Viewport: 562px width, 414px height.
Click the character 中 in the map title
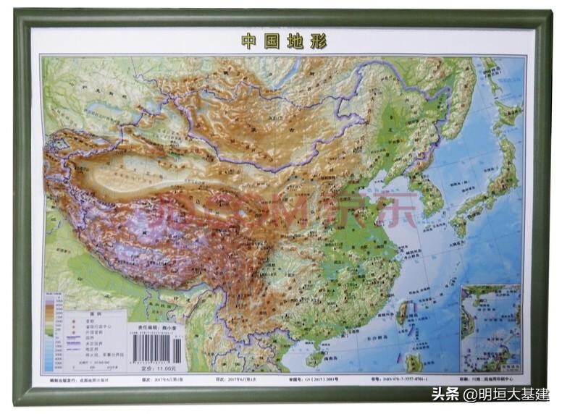tap(248, 41)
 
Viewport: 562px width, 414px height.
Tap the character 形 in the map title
tap(319, 41)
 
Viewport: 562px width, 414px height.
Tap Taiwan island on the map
tap(402, 313)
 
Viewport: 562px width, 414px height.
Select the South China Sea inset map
tap(492, 328)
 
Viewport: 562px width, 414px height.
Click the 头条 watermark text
tap(446, 395)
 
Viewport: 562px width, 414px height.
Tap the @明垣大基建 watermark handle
tap(506, 395)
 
